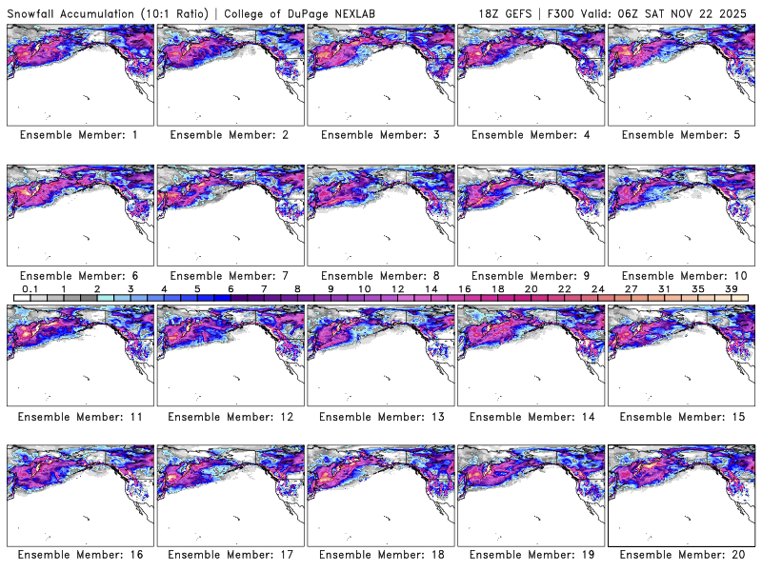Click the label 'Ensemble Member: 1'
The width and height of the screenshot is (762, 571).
[x=78, y=135]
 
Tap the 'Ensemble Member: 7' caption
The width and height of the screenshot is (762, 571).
[x=229, y=275]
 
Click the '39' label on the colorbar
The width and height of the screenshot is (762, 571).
[x=730, y=288]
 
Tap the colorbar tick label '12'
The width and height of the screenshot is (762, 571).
[x=397, y=288]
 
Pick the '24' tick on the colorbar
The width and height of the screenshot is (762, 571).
[x=597, y=288]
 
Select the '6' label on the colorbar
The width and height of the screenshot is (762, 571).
[x=231, y=288]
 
